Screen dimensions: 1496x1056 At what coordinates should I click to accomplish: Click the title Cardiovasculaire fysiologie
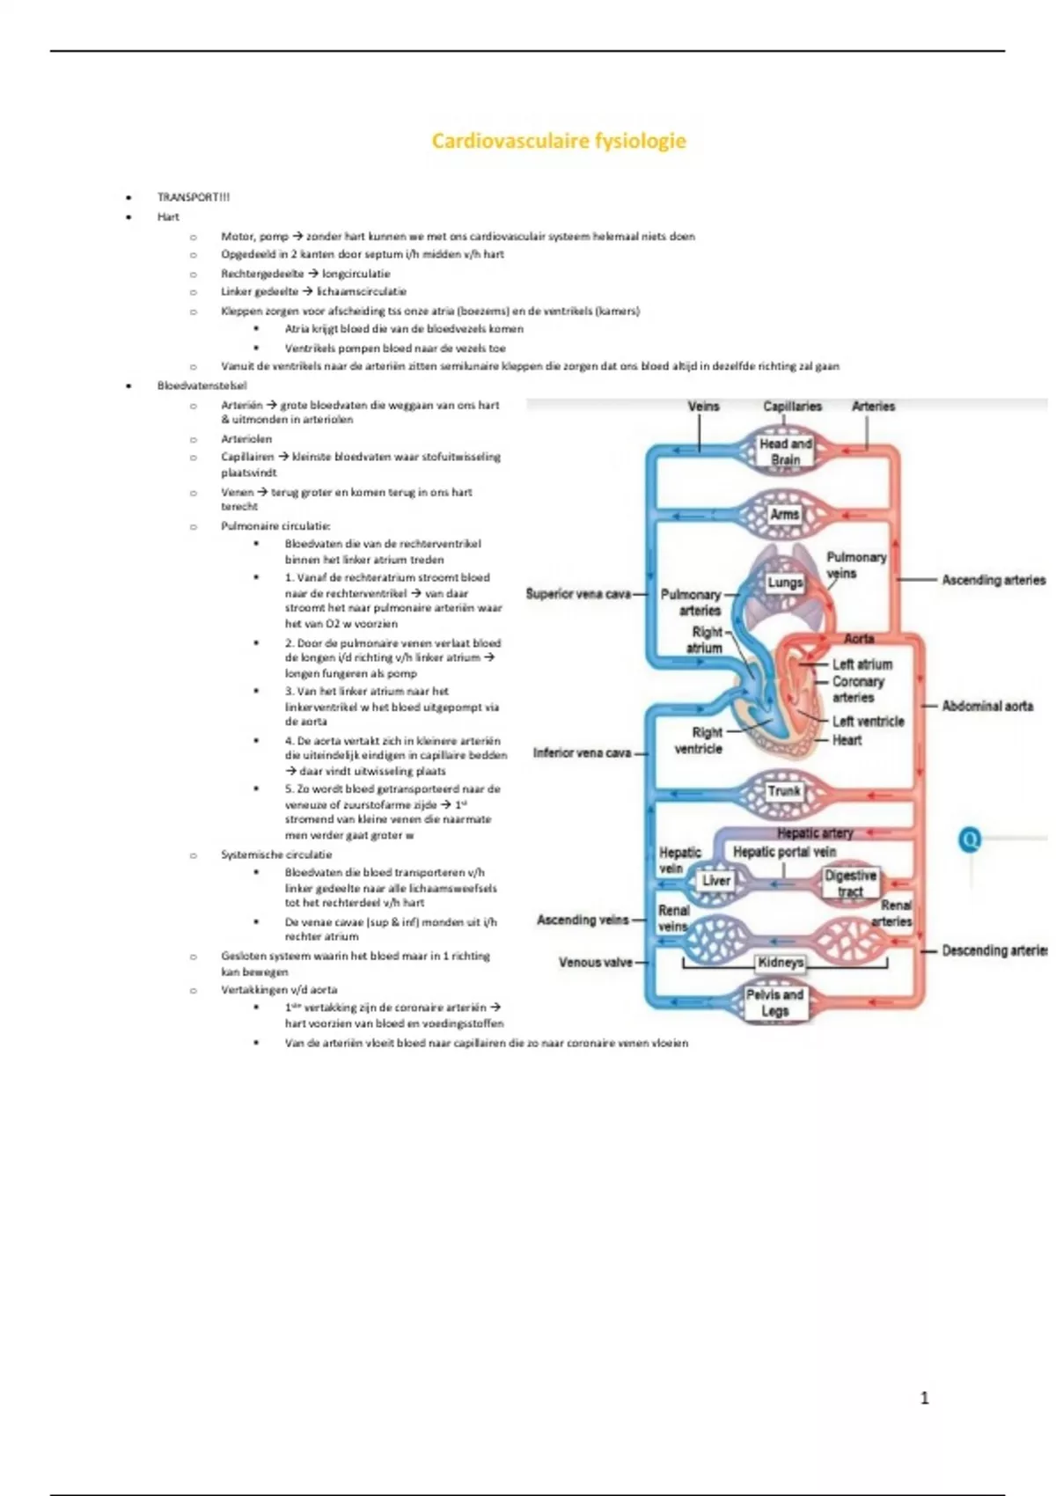point(558,141)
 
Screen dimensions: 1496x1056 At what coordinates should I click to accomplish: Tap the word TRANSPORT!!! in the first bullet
point(193,197)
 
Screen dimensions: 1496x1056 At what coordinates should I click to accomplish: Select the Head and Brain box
point(785,451)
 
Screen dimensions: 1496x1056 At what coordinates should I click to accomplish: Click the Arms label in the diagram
point(784,515)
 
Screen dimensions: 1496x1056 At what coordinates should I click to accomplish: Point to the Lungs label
point(784,583)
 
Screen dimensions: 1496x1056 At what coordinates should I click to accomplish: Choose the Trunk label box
point(783,791)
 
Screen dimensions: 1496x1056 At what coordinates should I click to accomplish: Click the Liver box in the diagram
point(715,881)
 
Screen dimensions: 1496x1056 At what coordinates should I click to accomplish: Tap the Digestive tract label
point(850,884)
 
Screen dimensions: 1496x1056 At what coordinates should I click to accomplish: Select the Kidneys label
point(781,963)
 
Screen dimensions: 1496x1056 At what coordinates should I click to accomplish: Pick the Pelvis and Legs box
point(774,1002)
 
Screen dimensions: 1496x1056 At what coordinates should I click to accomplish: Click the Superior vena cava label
point(578,594)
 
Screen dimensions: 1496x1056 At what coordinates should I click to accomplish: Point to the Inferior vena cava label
point(582,753)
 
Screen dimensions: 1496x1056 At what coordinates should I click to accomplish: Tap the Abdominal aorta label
point(987,706)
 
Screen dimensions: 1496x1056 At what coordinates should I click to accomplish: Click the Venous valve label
point(596,963)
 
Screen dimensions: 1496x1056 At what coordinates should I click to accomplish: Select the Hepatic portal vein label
point(784,852)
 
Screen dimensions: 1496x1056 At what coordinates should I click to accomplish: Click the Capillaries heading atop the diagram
point(792,407)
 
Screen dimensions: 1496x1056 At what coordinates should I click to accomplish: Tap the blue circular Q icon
point(970,840)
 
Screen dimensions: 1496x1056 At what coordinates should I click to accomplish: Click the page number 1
point(924,1398)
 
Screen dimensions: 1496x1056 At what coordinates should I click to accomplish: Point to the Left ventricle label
point(868,722)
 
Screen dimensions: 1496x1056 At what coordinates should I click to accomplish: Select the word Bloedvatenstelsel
point(202,385)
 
